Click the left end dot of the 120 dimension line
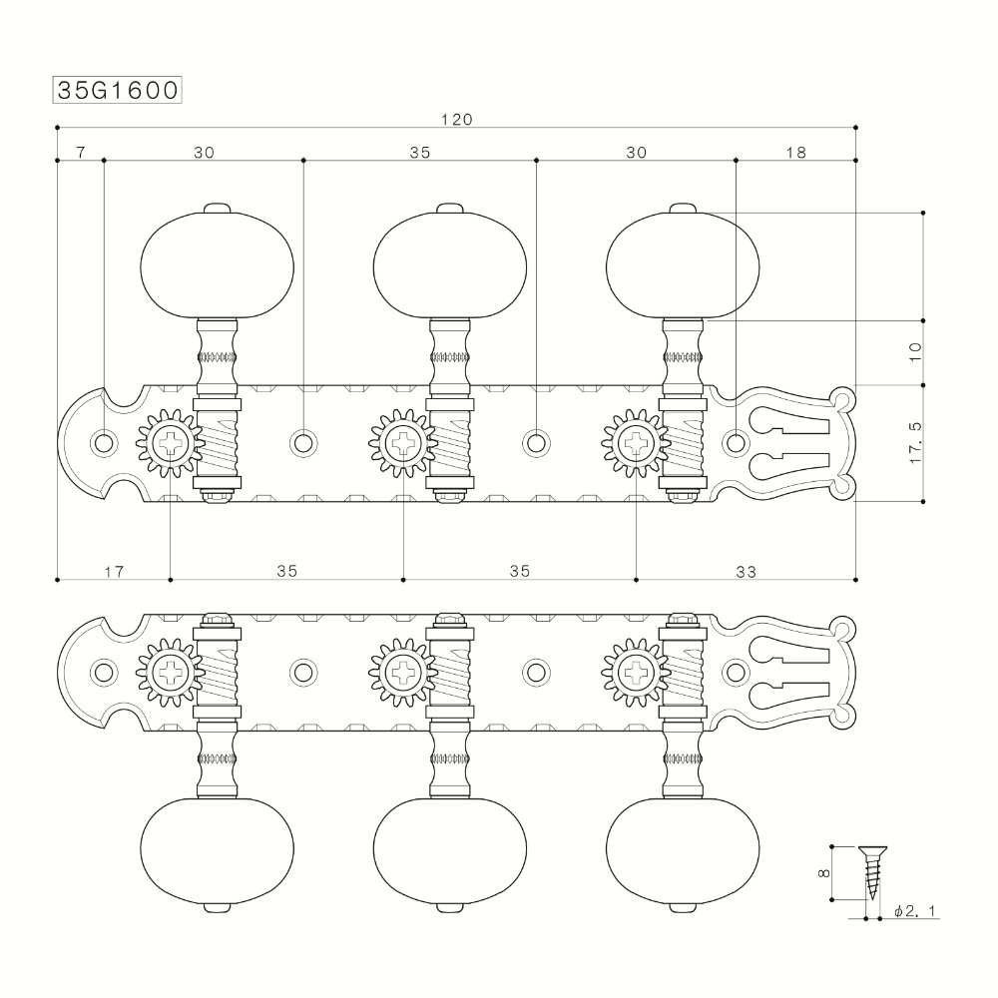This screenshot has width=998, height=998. pos(57,127)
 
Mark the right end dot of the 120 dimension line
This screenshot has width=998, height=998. pos(855,127)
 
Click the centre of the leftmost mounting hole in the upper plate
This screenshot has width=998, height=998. pos(103,442)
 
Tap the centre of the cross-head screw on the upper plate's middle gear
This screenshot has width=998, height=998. pos(403,442)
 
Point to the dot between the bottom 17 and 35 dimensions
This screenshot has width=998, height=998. pos(171,580)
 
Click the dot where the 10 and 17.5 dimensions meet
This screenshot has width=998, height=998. pos(923,385)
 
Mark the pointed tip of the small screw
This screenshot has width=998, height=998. pos(872,899)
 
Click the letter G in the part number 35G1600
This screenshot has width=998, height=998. pos(99,91)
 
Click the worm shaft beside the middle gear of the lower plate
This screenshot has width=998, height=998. pos(450,673)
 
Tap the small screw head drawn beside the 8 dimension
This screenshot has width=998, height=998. pos(872,851)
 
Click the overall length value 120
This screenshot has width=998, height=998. pos(457,119)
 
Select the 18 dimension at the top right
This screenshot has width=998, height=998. pos(795,152)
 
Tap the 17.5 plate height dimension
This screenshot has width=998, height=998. pos(915,442)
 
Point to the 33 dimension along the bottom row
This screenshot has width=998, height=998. pos(746,572)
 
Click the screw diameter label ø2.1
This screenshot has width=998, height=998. pos(915,911)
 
